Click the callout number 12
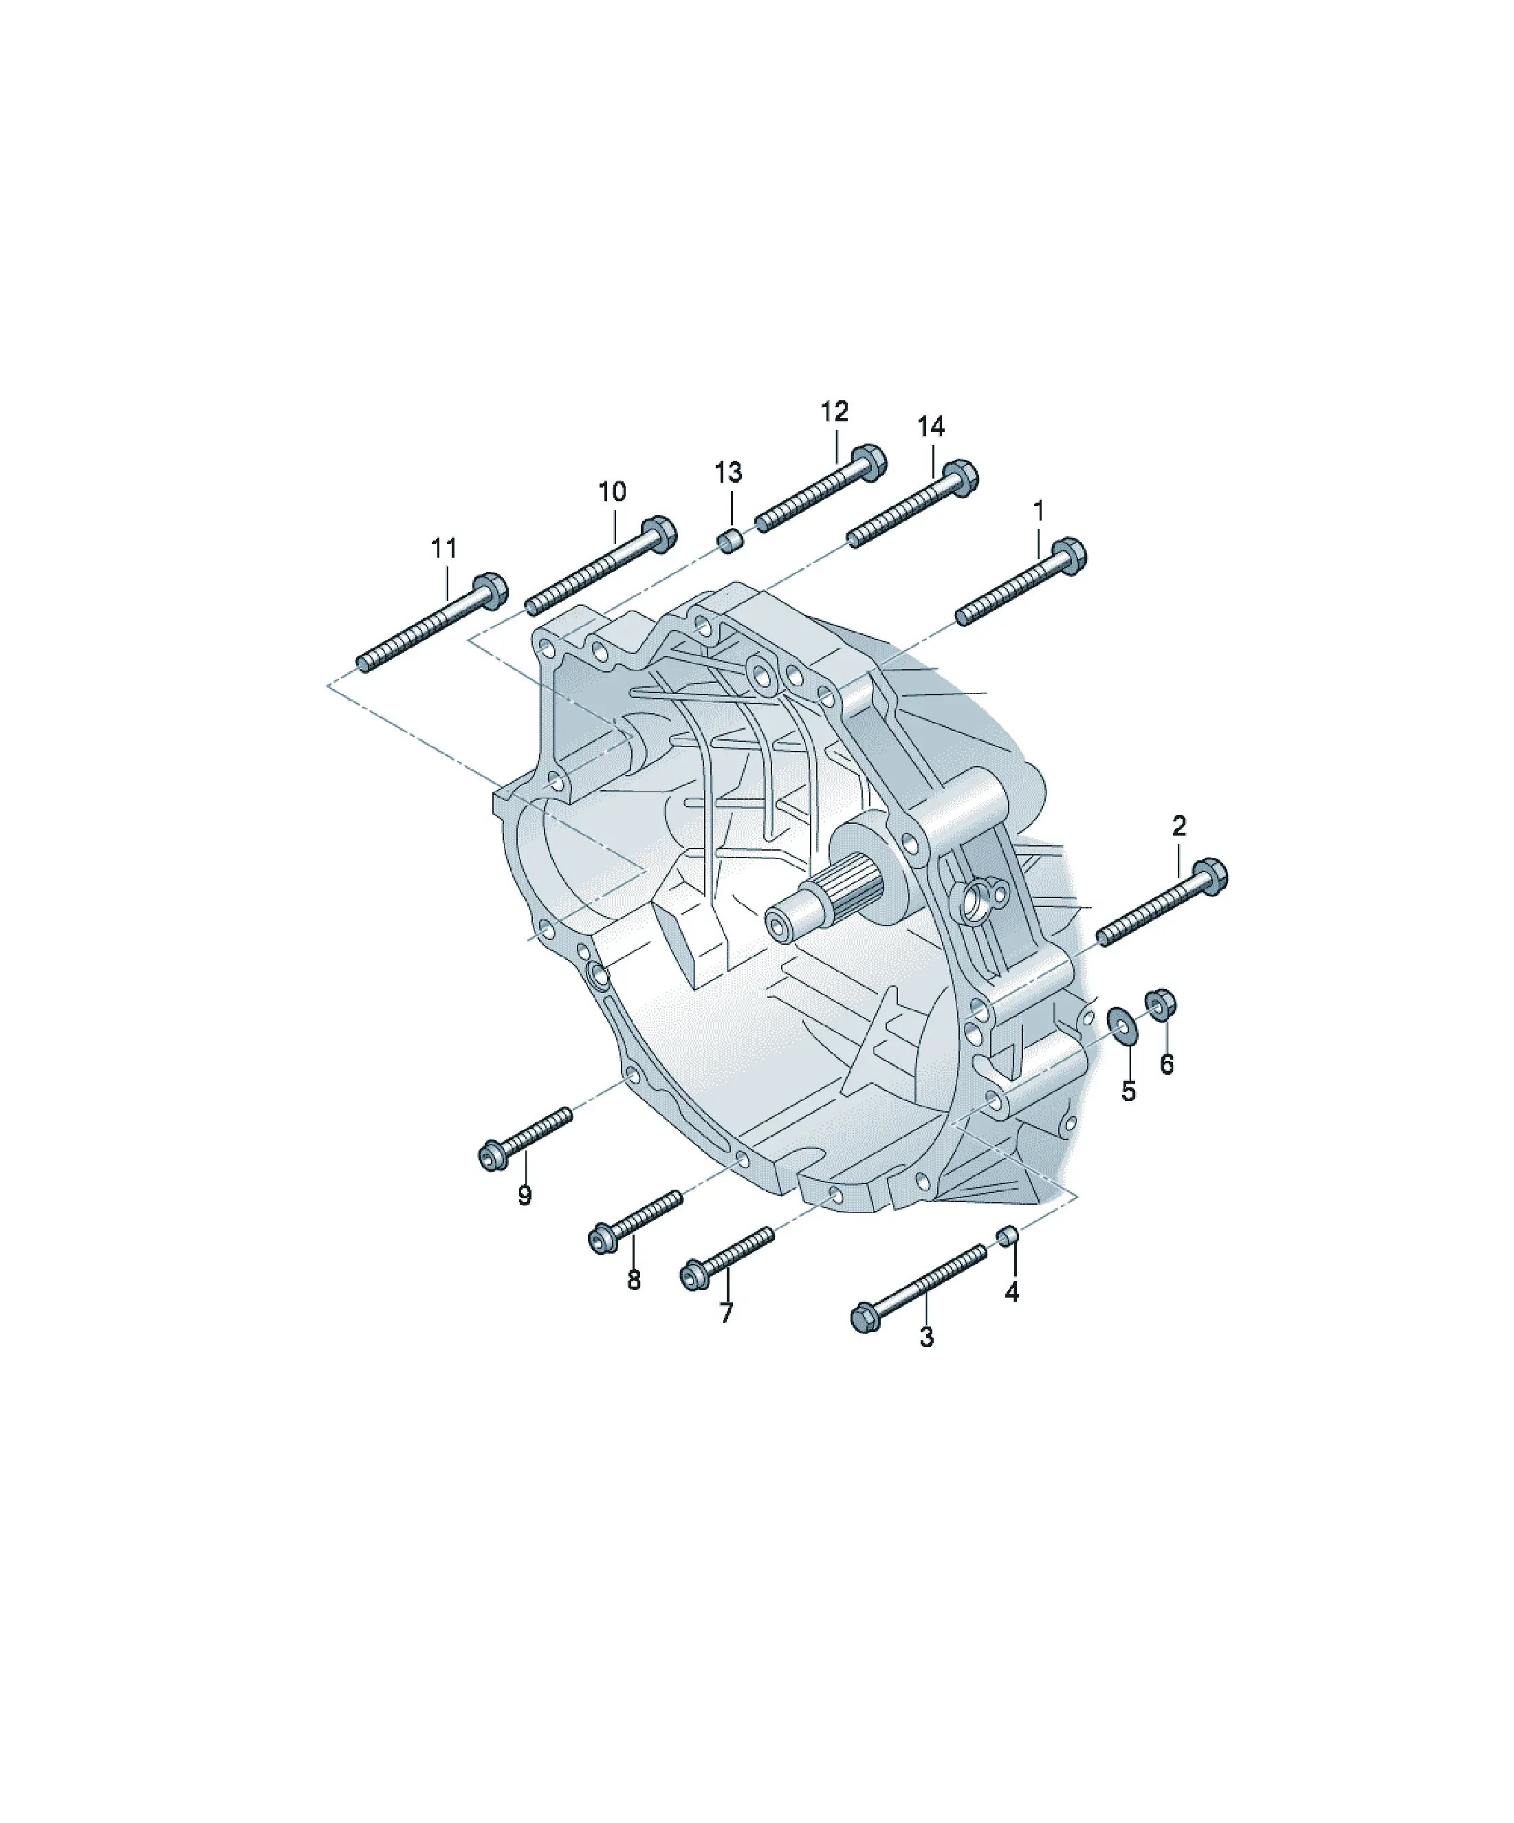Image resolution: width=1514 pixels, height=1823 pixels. [834, 411]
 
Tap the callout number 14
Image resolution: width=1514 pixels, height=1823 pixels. [931, 426]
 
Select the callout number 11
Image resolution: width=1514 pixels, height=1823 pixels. [443, 548]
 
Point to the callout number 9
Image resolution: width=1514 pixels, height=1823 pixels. [525, 1195]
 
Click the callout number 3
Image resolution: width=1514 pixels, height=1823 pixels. [926, 1337]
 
